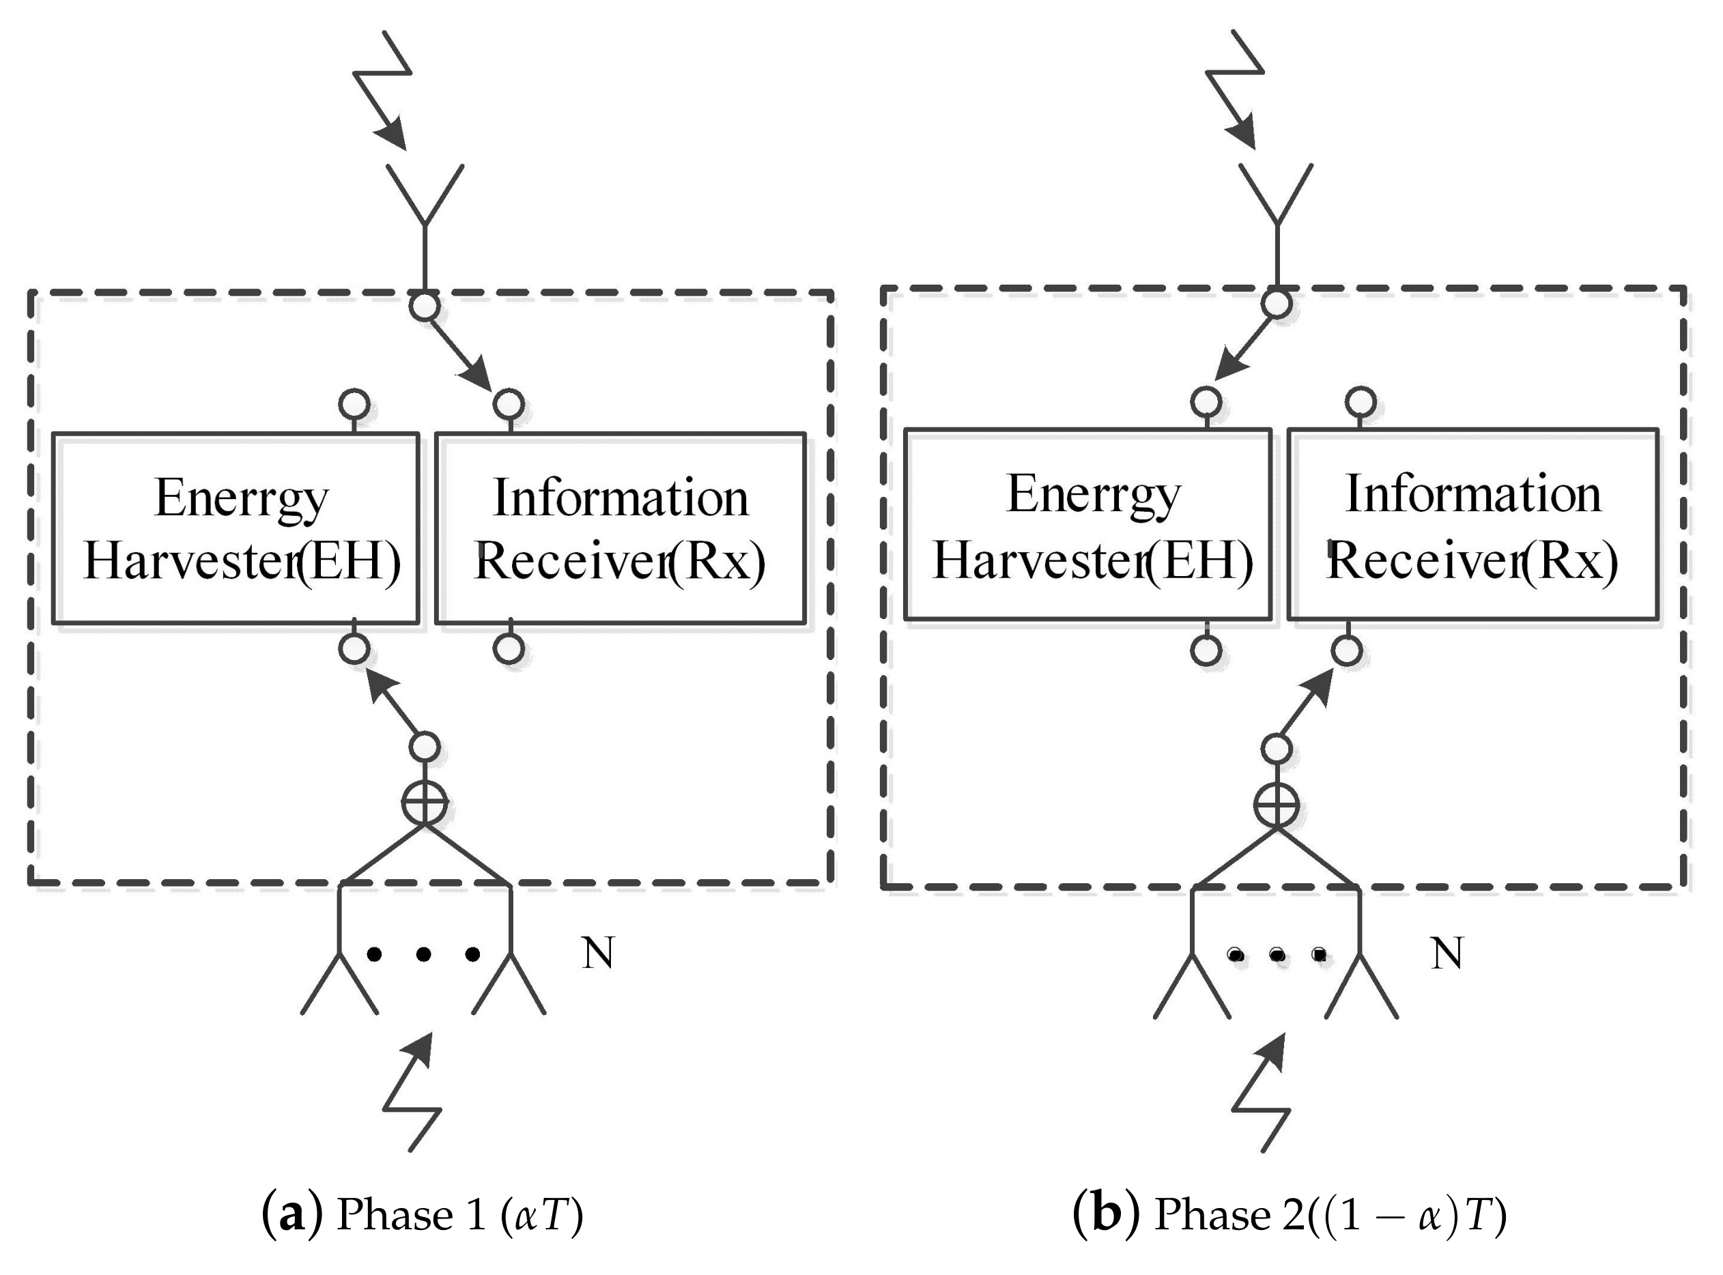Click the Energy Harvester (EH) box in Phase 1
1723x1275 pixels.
pos(236,529)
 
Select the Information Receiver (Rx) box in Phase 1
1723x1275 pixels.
pos(620,529)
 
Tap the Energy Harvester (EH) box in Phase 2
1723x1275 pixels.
pos(1087,525)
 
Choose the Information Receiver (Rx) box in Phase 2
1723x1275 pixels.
pos(1472,525)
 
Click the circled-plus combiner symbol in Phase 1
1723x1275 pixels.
pos(425,803)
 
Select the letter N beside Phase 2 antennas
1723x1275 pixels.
pos(1447,954)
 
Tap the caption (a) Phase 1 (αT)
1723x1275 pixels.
pos(423,1214)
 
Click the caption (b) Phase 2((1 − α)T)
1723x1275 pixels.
pos(1289,1214)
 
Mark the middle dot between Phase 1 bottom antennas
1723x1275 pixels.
pos(423,955)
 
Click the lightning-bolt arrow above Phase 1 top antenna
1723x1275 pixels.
pos(386,89)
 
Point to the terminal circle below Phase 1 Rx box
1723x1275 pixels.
pos(509,648)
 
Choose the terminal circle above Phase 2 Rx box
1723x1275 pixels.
pos(1361,401)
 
